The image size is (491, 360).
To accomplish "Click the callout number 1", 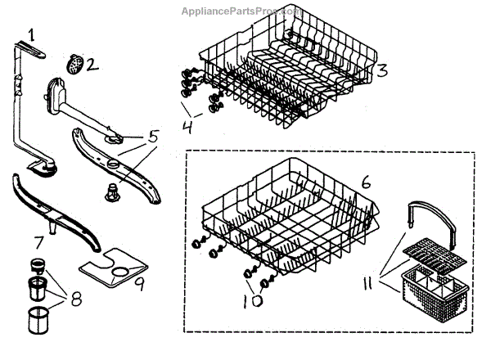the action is click(x=31, y=34).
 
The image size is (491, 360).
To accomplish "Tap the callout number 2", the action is click(x=92, y=63).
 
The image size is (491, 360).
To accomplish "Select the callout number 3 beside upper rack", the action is click(x=382, y=70).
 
